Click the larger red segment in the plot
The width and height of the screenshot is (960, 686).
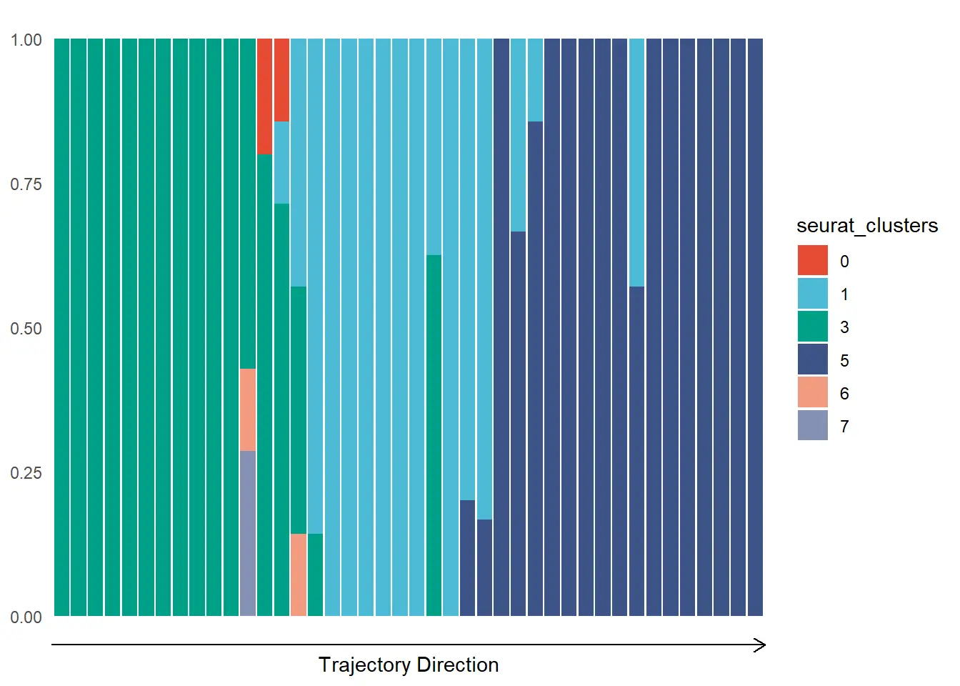tap(264, 96)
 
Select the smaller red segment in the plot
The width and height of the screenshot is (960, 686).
tap(281, 80)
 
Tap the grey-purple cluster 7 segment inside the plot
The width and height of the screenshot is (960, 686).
tap(248, 532)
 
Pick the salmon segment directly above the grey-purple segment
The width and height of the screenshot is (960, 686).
tap(248, 409)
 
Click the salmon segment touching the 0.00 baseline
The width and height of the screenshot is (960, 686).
tap(299, 575)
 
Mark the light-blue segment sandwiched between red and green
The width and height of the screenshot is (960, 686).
tap(281, 162)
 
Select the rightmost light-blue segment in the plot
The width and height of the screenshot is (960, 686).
tap(637, 162)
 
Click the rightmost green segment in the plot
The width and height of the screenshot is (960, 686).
tap(434, 435)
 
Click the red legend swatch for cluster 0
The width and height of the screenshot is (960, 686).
tap(813, 260)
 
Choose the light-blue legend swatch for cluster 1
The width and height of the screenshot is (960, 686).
tap(813, 294)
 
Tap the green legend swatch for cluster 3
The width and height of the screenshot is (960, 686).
tap(813, 327)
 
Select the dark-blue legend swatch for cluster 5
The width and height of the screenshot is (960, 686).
tap(813, 359)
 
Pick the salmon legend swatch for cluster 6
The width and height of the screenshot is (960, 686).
tap(813, 392)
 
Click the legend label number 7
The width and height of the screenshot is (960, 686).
tap(845, 427)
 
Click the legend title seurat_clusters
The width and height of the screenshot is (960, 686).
tap(867, 226)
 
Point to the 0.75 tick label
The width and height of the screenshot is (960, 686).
tap(26, 184)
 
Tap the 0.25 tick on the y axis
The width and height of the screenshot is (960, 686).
tap(26, 473)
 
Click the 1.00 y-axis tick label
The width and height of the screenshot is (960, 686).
tap(26, 40)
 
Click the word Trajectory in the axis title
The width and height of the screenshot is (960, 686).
tap(365, 665)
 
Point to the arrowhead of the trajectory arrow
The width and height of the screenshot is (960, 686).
tap(761, 645)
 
